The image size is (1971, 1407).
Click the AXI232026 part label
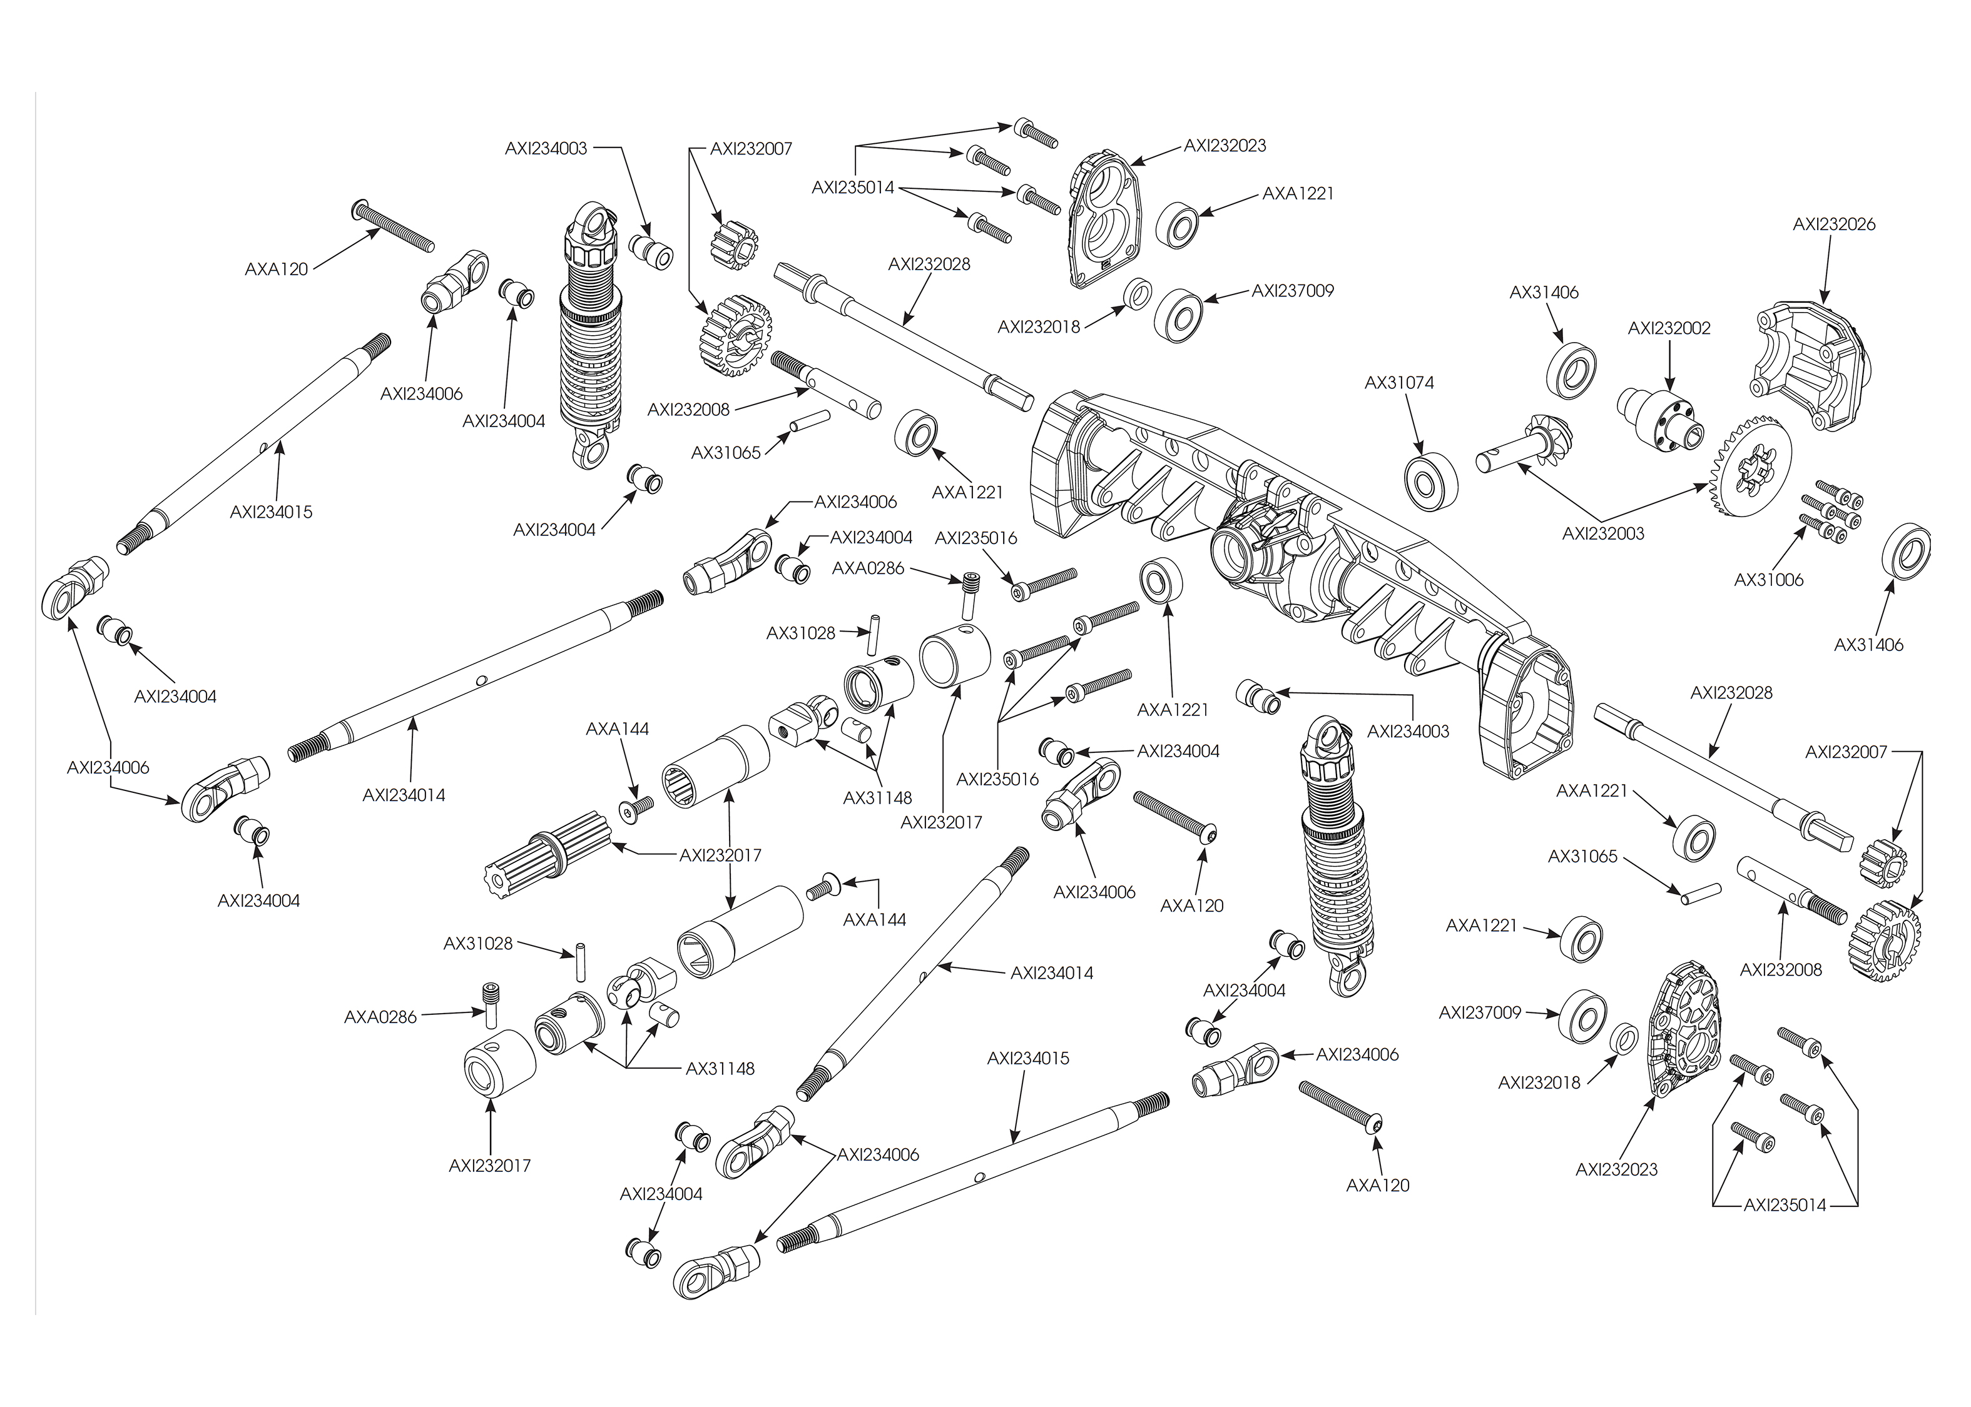(1833, 224)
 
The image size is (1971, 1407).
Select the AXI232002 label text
(1669, 328)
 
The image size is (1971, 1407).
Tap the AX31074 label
(1399, 382)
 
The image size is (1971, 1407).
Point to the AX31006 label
(1768, 580)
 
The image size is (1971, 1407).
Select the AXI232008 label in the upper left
(688, 410)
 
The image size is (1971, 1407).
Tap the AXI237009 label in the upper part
(1292, 291)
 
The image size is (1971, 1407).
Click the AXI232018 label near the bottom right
(1539, 1082)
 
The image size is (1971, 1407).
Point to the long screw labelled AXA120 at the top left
(394, 225)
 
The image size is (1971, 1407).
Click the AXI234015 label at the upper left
(270, 512)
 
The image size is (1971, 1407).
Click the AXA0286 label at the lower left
(380, 1017)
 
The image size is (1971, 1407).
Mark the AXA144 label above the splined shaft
(617, 730)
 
